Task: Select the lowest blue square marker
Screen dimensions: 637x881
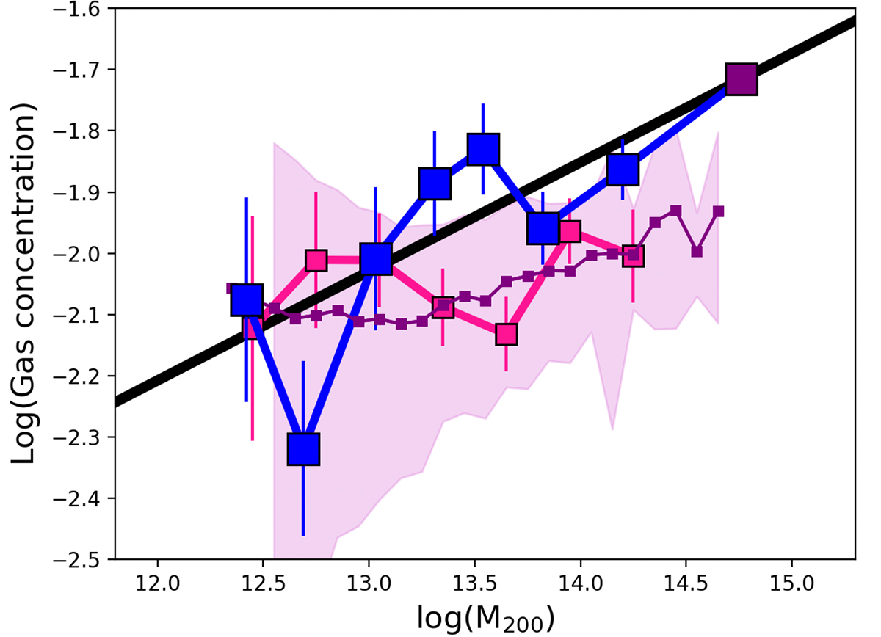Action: tap(303, 448)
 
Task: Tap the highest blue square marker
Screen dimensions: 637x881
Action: tap(483, 150)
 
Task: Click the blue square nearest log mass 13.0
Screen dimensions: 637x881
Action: tap(375, 258)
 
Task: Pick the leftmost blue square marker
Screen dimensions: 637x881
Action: tap(247, 299)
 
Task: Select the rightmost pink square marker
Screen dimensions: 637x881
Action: tap(633, 256)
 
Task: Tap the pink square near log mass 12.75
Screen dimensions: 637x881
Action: tap(316, 260)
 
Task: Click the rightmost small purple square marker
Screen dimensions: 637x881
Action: tap(718, 211)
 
